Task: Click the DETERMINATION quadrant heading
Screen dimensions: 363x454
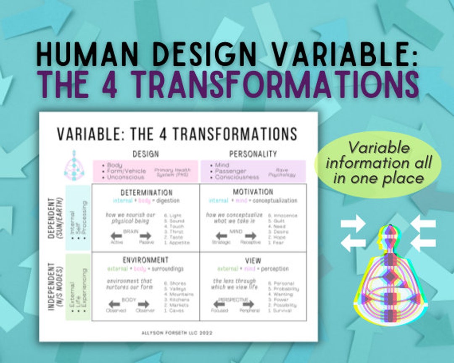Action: coord(146,192)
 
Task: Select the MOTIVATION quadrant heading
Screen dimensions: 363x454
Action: coord(253,192)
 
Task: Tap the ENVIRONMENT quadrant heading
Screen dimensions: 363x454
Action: coord(145,260)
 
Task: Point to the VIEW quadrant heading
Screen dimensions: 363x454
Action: coord(253,260)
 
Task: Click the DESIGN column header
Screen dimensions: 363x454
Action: coord(145,154)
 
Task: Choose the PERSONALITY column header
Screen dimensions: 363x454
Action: coord(253,154)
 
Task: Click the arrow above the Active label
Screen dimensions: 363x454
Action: coord(116,236)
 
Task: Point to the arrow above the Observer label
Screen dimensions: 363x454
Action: coord(144,303)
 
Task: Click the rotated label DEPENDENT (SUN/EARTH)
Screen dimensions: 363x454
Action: coord(53,218)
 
